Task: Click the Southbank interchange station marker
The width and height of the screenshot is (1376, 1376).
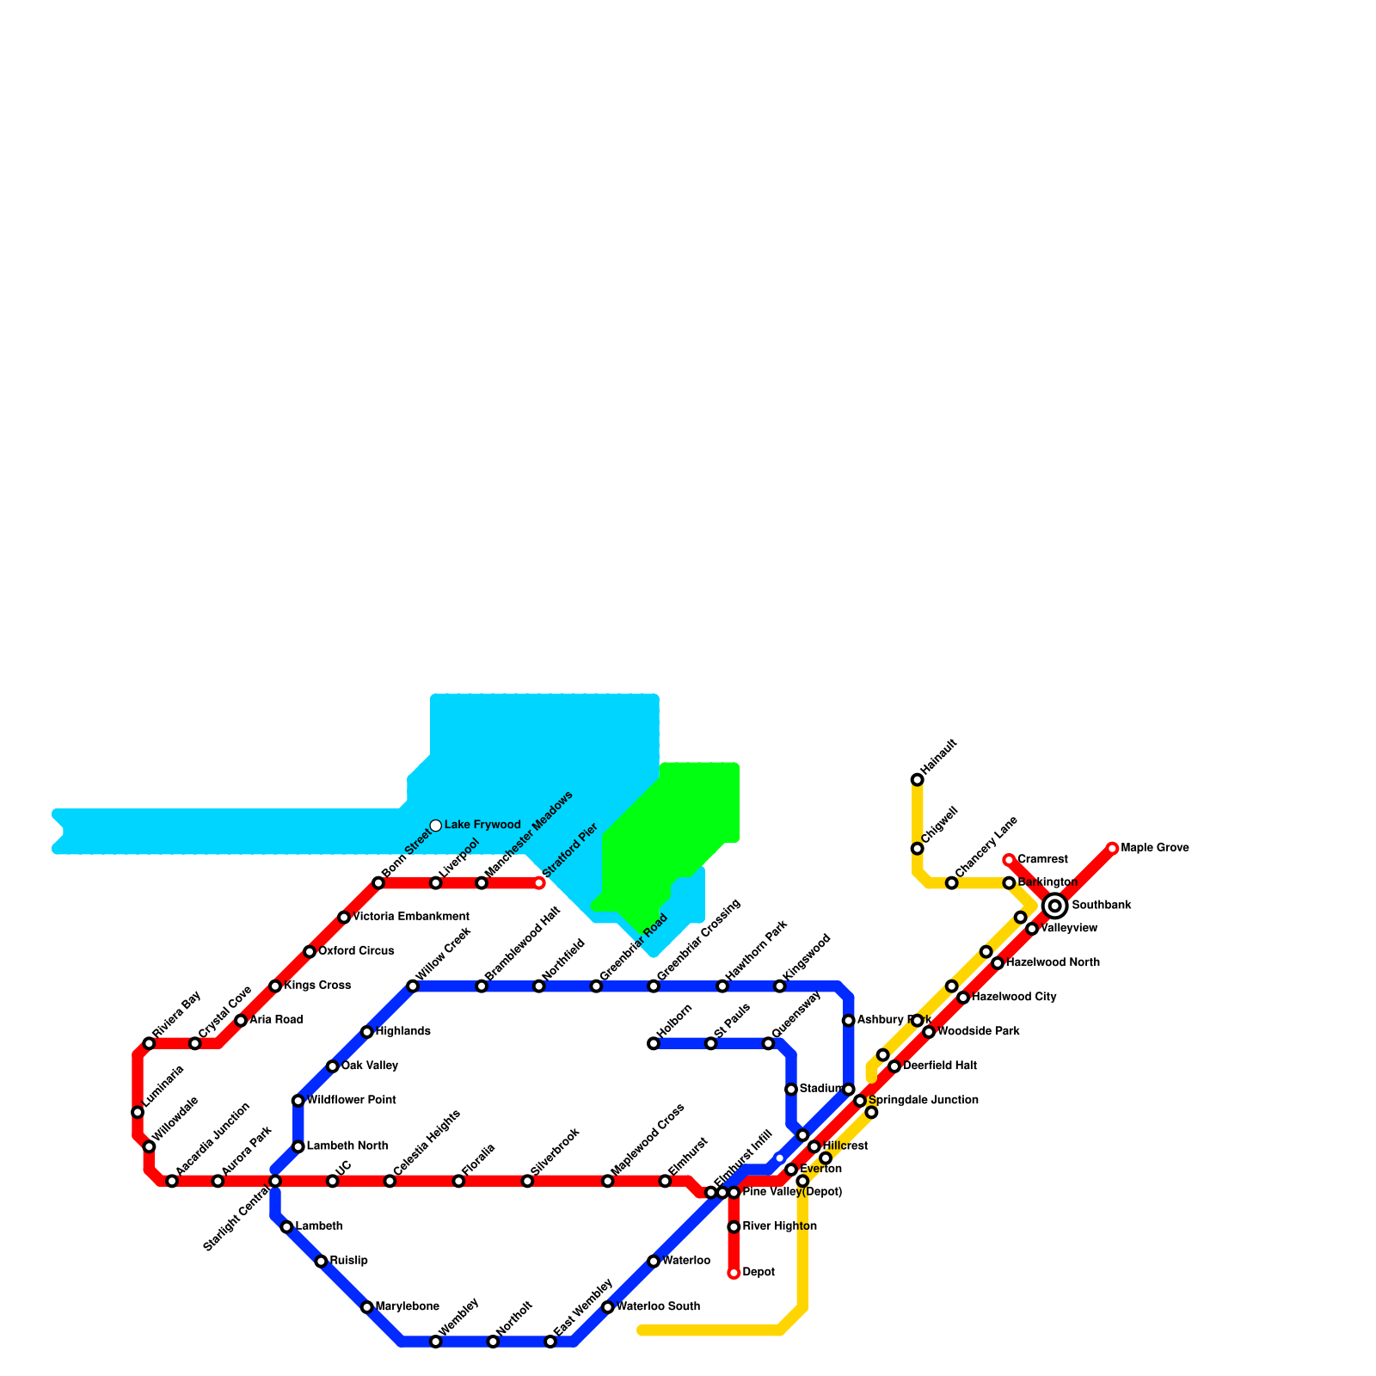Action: point(1054,906)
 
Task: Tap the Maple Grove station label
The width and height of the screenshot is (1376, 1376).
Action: point(1155,848)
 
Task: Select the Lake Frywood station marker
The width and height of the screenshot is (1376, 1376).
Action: point(436,826)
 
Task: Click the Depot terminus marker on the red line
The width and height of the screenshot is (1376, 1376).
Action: point(734,1273)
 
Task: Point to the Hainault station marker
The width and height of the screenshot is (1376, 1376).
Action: point(917,780)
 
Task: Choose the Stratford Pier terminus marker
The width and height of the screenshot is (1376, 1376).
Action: point(539,883)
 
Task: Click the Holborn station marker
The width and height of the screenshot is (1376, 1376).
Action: point(654,1044)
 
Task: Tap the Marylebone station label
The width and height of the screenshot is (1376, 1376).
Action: point(408,1307)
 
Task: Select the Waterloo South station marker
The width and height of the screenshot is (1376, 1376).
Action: point(608,1307)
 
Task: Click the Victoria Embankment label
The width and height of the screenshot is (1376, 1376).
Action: point(411,917)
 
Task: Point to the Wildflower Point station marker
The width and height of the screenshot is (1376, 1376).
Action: point(298,1101)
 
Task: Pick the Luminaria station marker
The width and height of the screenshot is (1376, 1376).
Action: point(138,1113)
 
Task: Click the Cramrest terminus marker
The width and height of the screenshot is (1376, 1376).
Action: point(1009,860)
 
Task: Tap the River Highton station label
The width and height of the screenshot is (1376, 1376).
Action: point(779,1226)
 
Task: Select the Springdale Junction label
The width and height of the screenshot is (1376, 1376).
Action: point(923,1100)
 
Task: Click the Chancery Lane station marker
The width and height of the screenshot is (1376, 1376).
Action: point(951,883)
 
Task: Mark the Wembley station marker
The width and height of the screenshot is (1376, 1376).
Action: point(436,1342)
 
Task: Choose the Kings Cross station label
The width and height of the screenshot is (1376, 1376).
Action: point(317,986)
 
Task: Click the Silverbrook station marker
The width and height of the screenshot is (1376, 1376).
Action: point(527,1182)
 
